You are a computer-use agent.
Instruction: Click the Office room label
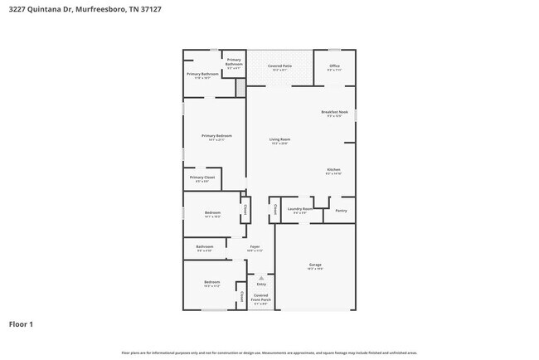(334, 66)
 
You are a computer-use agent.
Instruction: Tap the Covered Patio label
(279, 66)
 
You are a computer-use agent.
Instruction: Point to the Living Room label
(279, 139)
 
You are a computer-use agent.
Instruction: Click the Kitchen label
(333, 170)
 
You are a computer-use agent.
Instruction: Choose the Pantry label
(341, 210)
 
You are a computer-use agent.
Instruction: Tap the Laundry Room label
(300, 209)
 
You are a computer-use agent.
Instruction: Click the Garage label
(315, 265)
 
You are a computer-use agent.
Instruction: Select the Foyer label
(255, 246)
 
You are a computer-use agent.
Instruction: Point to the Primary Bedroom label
(216, 136)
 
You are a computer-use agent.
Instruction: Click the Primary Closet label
(202, 178)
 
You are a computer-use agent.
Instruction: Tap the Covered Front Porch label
(261, 297)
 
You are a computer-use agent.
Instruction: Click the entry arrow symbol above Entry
(261, 278)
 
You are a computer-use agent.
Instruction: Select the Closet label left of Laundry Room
(274, 208)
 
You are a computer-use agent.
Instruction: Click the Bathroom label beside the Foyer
(205, 246)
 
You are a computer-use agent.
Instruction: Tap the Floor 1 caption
(21, 324)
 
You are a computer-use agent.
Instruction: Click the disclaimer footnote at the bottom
(269, 353)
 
